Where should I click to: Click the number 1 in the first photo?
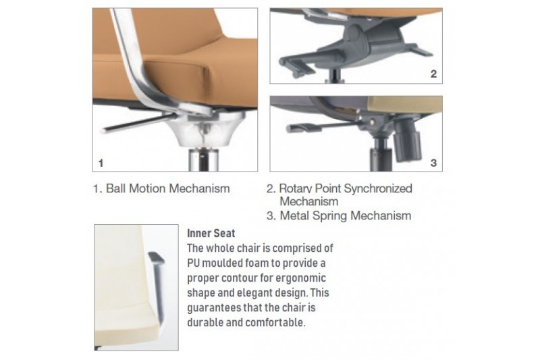click(x=101, y=163)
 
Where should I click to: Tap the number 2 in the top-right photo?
click(x=433, y=74)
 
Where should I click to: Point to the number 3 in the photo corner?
click(x=433, y=163)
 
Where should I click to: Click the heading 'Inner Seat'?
click(x=211, y=233)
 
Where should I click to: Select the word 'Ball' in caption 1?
click(x=115, y=188)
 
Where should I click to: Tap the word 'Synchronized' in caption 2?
click(x=378, y=188)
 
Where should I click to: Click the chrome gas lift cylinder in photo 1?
click(x=204, y=159)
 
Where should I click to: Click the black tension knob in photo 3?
click(x=407, y=140)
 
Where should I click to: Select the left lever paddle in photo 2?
click(x=297, y=67)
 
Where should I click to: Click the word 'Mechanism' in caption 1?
click(x=199, y=188)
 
